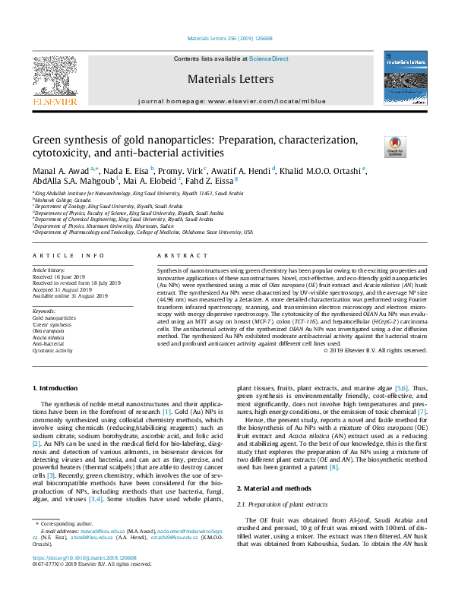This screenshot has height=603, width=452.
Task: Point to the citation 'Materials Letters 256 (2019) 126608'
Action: coord(226,39)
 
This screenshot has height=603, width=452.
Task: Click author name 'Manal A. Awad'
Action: coord(59,170)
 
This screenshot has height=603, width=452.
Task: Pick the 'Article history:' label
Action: coord(49,270)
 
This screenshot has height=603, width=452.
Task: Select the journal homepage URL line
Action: coord(226,101)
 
